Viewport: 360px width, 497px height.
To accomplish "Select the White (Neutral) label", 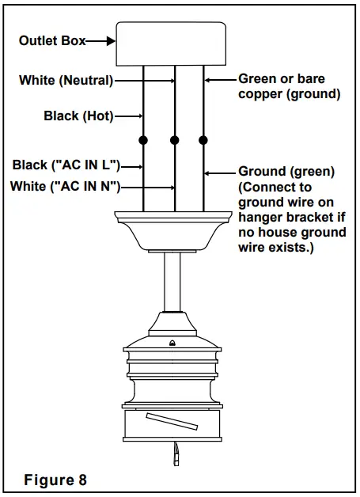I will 66,80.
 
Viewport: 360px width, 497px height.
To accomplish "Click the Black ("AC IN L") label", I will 66,165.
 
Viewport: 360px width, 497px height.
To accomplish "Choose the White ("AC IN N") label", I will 66,186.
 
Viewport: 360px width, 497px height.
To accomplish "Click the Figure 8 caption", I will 55,480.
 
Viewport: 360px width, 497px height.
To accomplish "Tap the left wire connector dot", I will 143,140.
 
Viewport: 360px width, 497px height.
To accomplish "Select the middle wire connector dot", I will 174,140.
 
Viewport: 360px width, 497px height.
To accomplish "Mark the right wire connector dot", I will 203,140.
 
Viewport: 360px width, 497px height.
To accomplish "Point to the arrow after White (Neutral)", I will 144,80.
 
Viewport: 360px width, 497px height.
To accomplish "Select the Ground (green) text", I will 286,171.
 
